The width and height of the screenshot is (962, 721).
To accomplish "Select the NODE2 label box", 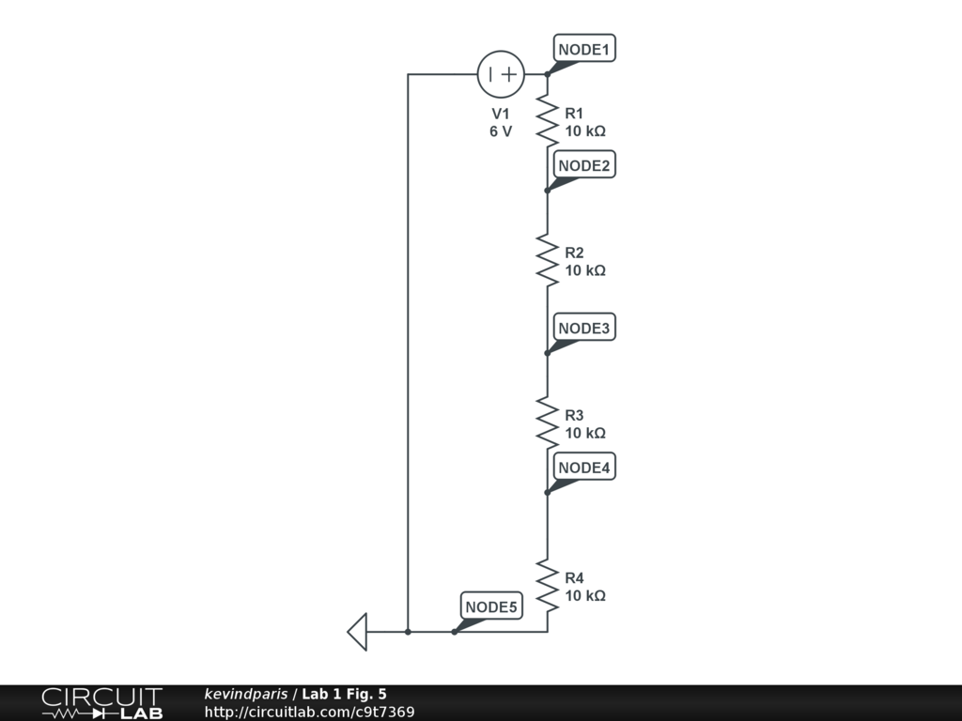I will pos(584,165).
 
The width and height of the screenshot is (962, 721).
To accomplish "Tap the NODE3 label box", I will pos(584,328).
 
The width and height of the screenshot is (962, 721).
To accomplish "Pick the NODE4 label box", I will pos(584,467).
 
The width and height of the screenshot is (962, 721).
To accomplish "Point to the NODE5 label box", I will pos(491,606).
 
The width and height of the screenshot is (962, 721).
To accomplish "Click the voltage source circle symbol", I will pos(501,74).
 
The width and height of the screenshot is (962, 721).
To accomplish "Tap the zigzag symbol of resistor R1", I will pos(548,119).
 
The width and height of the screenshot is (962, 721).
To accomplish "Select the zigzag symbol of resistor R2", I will pos(548,258).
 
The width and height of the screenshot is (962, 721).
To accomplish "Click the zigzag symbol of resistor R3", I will pos(548,421).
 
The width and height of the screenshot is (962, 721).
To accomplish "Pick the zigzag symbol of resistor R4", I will pos(548,584).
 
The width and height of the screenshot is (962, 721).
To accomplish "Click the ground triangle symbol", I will pos(357,631).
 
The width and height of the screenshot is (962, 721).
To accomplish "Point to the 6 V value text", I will pos(501,131).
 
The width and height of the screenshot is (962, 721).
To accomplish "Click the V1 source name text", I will pos(501,114).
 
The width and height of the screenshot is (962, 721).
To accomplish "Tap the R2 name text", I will pos(574,253).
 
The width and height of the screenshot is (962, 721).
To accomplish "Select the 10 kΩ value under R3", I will pos(585,433).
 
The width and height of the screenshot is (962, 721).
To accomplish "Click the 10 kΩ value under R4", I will pos(585,595).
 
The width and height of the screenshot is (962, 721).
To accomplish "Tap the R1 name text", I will pos(574,113).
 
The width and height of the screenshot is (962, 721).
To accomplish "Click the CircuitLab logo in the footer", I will pos(101,703).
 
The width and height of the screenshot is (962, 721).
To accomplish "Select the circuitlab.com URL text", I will pos(309,713).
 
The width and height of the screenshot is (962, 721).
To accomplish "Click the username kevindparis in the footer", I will pos(246,694).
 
